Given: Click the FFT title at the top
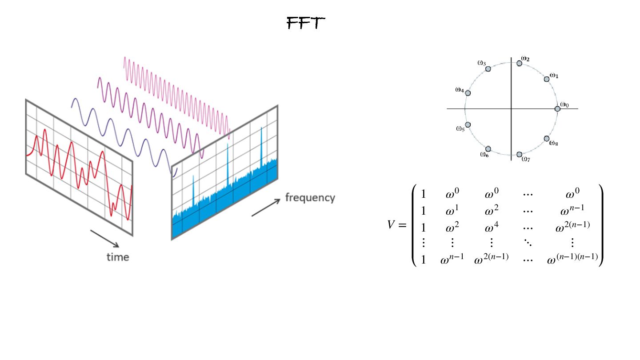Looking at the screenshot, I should tap(306, 23).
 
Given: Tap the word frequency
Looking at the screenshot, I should tap(310, 198).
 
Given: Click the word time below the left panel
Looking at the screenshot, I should tap(118, 257).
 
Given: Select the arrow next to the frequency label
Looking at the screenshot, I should tap(266, 208).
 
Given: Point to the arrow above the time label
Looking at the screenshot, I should tap(105, 238).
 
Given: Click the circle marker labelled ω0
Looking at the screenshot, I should tap(557, 109).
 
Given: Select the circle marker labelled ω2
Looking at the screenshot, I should tap(519, 64).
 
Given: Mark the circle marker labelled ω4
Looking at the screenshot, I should tap(468, 93).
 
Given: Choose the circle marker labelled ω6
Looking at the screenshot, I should tap(488, 149).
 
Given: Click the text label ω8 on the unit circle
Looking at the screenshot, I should tap(553, 143).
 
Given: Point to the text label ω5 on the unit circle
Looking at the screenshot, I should tap(460, 129).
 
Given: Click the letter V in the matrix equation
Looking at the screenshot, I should tap(391, 225).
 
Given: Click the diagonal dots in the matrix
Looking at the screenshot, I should tap(528, 243).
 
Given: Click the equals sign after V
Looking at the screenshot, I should tap(403, 225).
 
